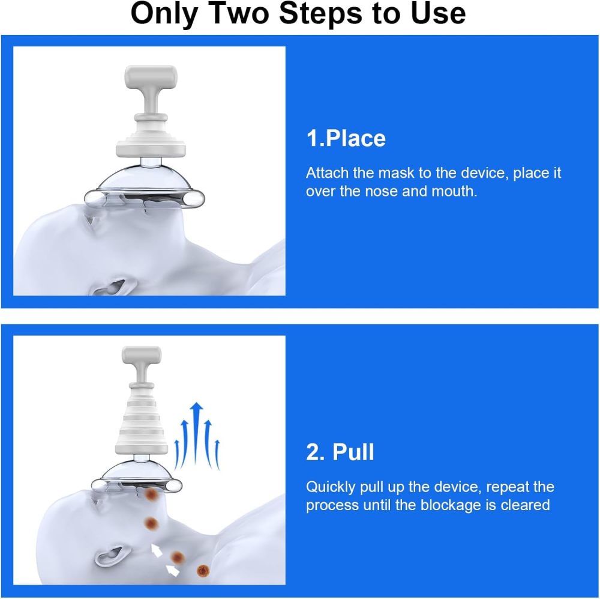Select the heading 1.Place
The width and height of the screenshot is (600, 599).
click(346, 138)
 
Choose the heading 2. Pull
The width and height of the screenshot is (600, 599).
click(340, 452)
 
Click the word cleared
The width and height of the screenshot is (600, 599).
click(526, 505)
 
